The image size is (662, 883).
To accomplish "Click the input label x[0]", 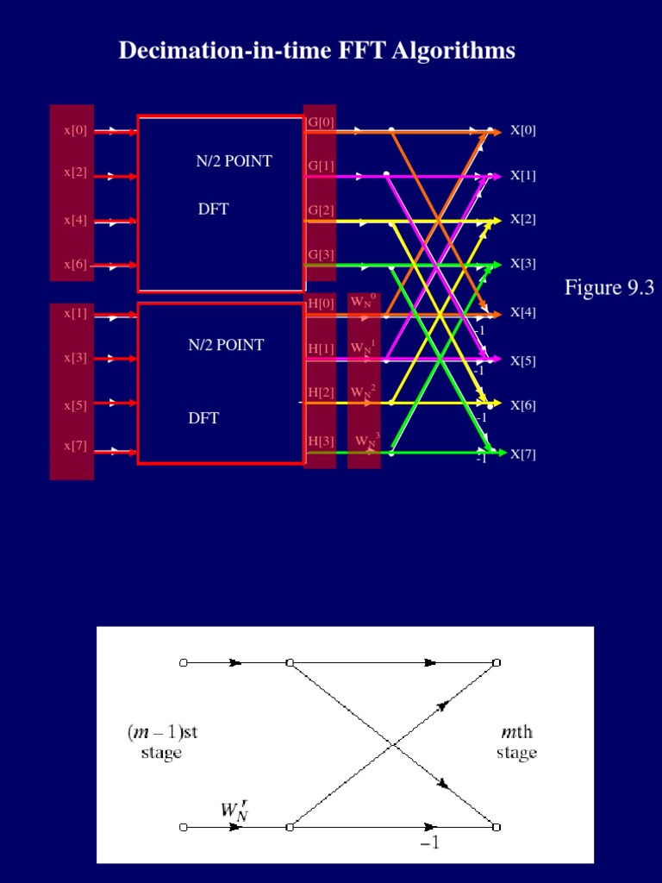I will point(75,131).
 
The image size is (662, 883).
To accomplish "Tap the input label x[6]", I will point(75,265).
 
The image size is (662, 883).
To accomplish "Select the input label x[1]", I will point(75,313).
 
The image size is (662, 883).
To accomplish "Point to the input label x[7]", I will point(75,446).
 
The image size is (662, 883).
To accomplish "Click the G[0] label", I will point(321,122).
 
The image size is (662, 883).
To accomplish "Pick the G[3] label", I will point(321,254).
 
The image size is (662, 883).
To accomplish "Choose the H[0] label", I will point(321,304).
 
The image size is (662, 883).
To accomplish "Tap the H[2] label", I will point(321,392).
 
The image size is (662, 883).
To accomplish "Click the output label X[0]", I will point(523,130).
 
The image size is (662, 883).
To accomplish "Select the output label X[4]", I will point(523,312).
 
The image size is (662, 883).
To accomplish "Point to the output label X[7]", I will point(523,454).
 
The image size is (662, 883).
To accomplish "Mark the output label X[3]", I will point(523,263).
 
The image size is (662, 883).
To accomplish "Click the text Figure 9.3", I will point(609,288).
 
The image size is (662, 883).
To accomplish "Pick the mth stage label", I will point(517,742).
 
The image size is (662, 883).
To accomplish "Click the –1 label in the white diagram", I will point(429,844).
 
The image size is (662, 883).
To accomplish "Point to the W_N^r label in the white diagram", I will point(233,810).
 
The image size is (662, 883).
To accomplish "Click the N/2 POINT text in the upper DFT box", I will point(234,161).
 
